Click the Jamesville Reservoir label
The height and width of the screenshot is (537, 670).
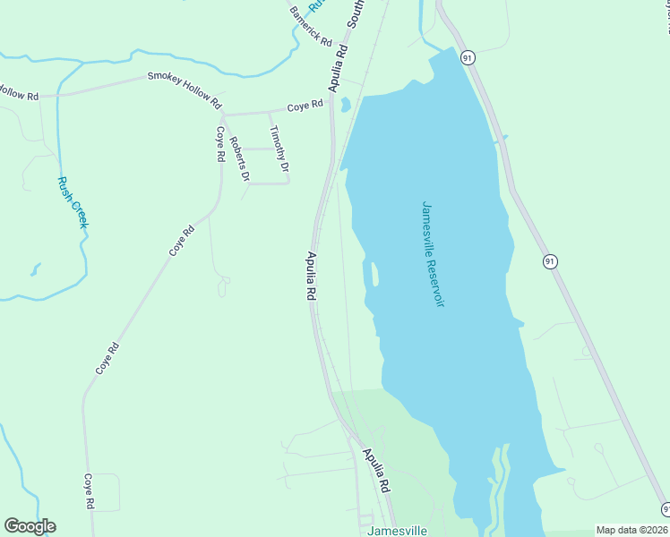pos(434,253)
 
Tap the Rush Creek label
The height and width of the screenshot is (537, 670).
pos(72,201)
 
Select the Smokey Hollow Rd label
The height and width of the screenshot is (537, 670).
pos(184,90)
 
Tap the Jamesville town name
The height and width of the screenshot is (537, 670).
pos(397,530)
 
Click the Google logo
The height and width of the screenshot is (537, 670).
pos(30,526)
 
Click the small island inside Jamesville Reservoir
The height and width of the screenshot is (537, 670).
pos(373,274)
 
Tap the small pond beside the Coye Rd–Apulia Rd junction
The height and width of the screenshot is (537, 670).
pos(345,106)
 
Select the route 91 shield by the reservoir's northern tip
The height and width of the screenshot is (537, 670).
pos(468,57)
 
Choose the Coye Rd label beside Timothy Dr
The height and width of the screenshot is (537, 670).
pos(305,106)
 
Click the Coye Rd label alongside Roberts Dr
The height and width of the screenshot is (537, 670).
pos(219,143)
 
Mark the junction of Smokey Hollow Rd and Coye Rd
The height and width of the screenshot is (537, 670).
pos(222,115)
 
